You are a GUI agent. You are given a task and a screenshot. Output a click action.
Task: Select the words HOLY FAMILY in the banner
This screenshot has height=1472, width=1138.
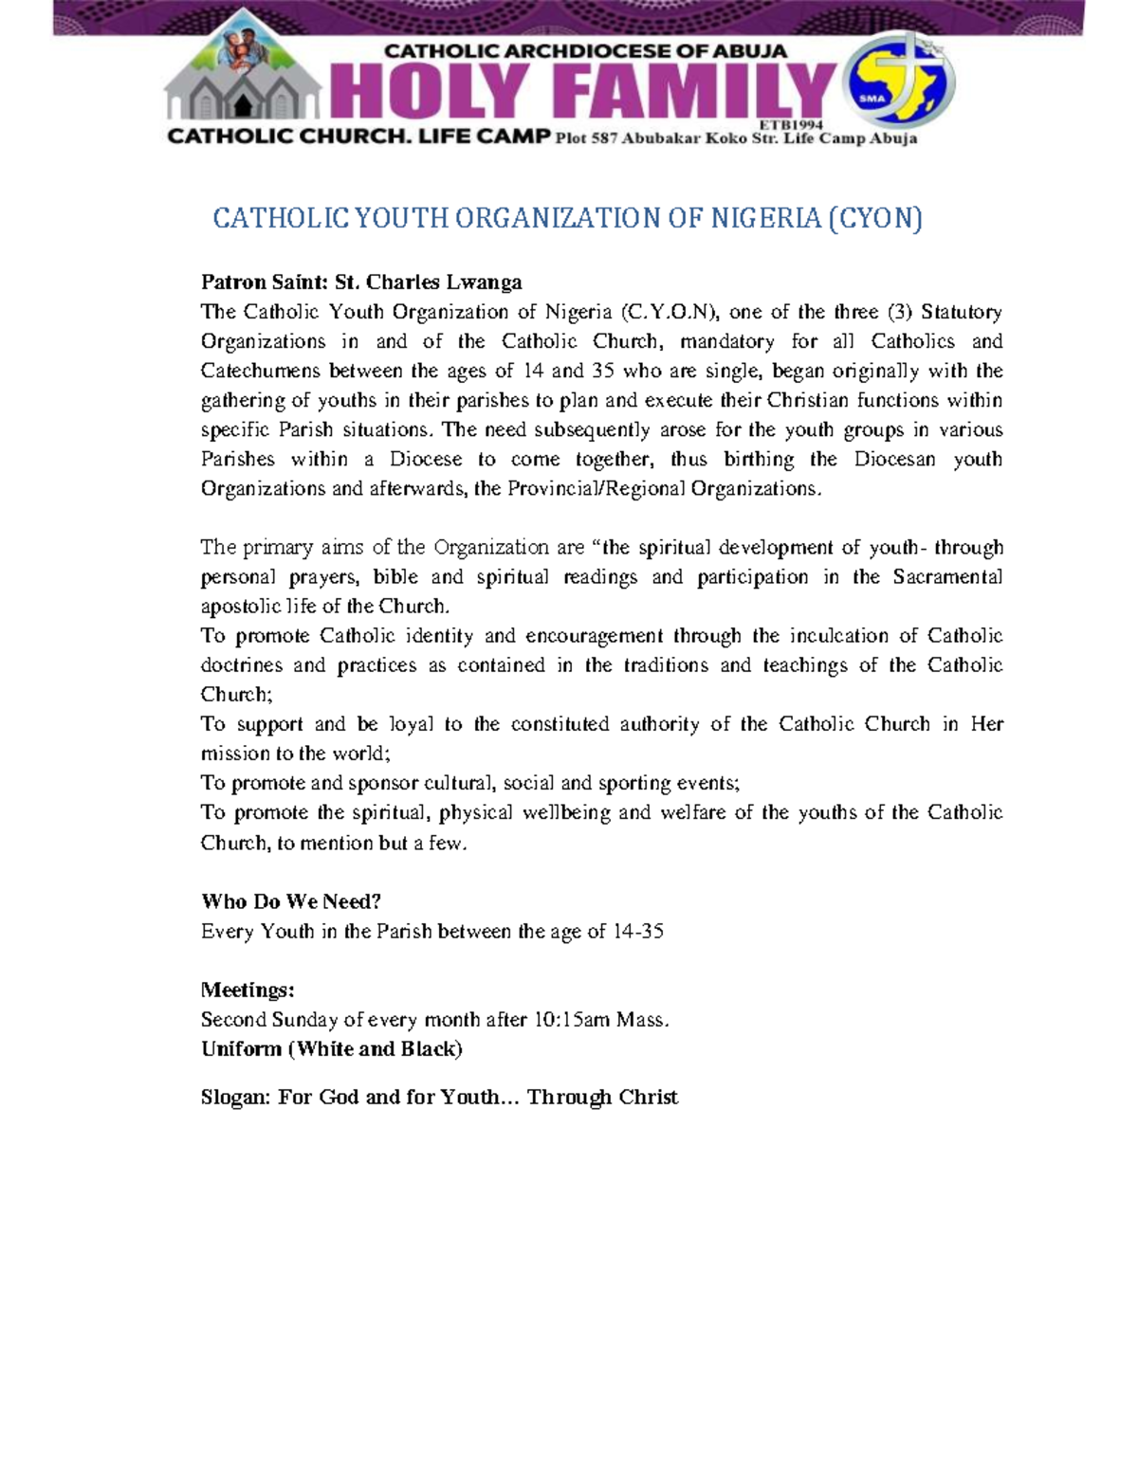click(582, 93)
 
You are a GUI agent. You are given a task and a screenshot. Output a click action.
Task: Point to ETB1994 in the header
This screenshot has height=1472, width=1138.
click(791, 125)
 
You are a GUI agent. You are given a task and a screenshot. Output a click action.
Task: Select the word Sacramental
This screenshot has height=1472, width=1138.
click(946, 577)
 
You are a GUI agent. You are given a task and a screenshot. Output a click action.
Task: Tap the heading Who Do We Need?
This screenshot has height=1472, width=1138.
click(290, 901)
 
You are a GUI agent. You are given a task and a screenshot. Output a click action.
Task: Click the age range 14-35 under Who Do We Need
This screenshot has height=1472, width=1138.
click(638, 932)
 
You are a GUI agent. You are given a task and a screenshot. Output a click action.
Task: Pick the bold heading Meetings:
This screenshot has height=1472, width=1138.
click(248, 990)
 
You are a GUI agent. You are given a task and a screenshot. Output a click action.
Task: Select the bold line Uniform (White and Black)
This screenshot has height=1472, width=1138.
click(331, 1049)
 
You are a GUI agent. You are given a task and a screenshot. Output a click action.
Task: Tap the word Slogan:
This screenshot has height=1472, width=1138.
click(236, 1098)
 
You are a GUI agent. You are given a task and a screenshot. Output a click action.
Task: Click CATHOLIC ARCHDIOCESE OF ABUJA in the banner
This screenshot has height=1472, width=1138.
click(584, 51)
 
